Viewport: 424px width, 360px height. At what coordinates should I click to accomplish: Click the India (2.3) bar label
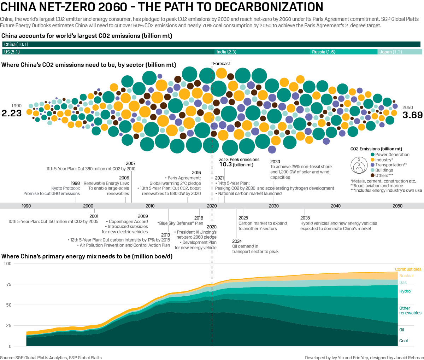pos(226,52)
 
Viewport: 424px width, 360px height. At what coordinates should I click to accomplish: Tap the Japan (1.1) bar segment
pos(400,52)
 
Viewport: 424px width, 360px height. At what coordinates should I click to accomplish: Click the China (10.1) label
pos(16,45)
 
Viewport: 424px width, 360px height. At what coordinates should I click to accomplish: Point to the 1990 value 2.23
pos(12,114)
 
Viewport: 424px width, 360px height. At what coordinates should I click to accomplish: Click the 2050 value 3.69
pos(412,115)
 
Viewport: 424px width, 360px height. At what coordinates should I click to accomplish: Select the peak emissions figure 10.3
pos(225,164)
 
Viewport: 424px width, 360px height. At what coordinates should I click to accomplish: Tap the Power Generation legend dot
pos(372,155)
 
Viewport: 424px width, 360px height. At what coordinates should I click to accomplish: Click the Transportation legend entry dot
pos(372,165)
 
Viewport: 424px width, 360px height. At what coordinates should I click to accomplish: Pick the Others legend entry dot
pos(372,175)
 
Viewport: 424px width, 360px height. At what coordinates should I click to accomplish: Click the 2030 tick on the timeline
pos(274,206)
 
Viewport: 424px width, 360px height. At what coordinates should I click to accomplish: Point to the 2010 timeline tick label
pos(150,206)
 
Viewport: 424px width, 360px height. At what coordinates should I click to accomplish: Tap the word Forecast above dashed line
pos(222,64)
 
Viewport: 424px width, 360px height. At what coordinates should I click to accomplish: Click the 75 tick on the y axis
pos(8,284)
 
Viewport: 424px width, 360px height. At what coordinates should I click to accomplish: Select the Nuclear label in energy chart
pos(406,276)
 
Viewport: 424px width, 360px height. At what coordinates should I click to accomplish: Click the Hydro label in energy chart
pos(405,291)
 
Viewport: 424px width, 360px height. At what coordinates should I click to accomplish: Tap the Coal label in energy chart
pos(404,341)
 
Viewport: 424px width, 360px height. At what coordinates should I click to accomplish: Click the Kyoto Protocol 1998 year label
pos(75,183)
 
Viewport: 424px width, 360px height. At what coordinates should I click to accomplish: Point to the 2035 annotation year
pos(305,218)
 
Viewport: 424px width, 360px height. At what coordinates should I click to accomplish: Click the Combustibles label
pos(408,269)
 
